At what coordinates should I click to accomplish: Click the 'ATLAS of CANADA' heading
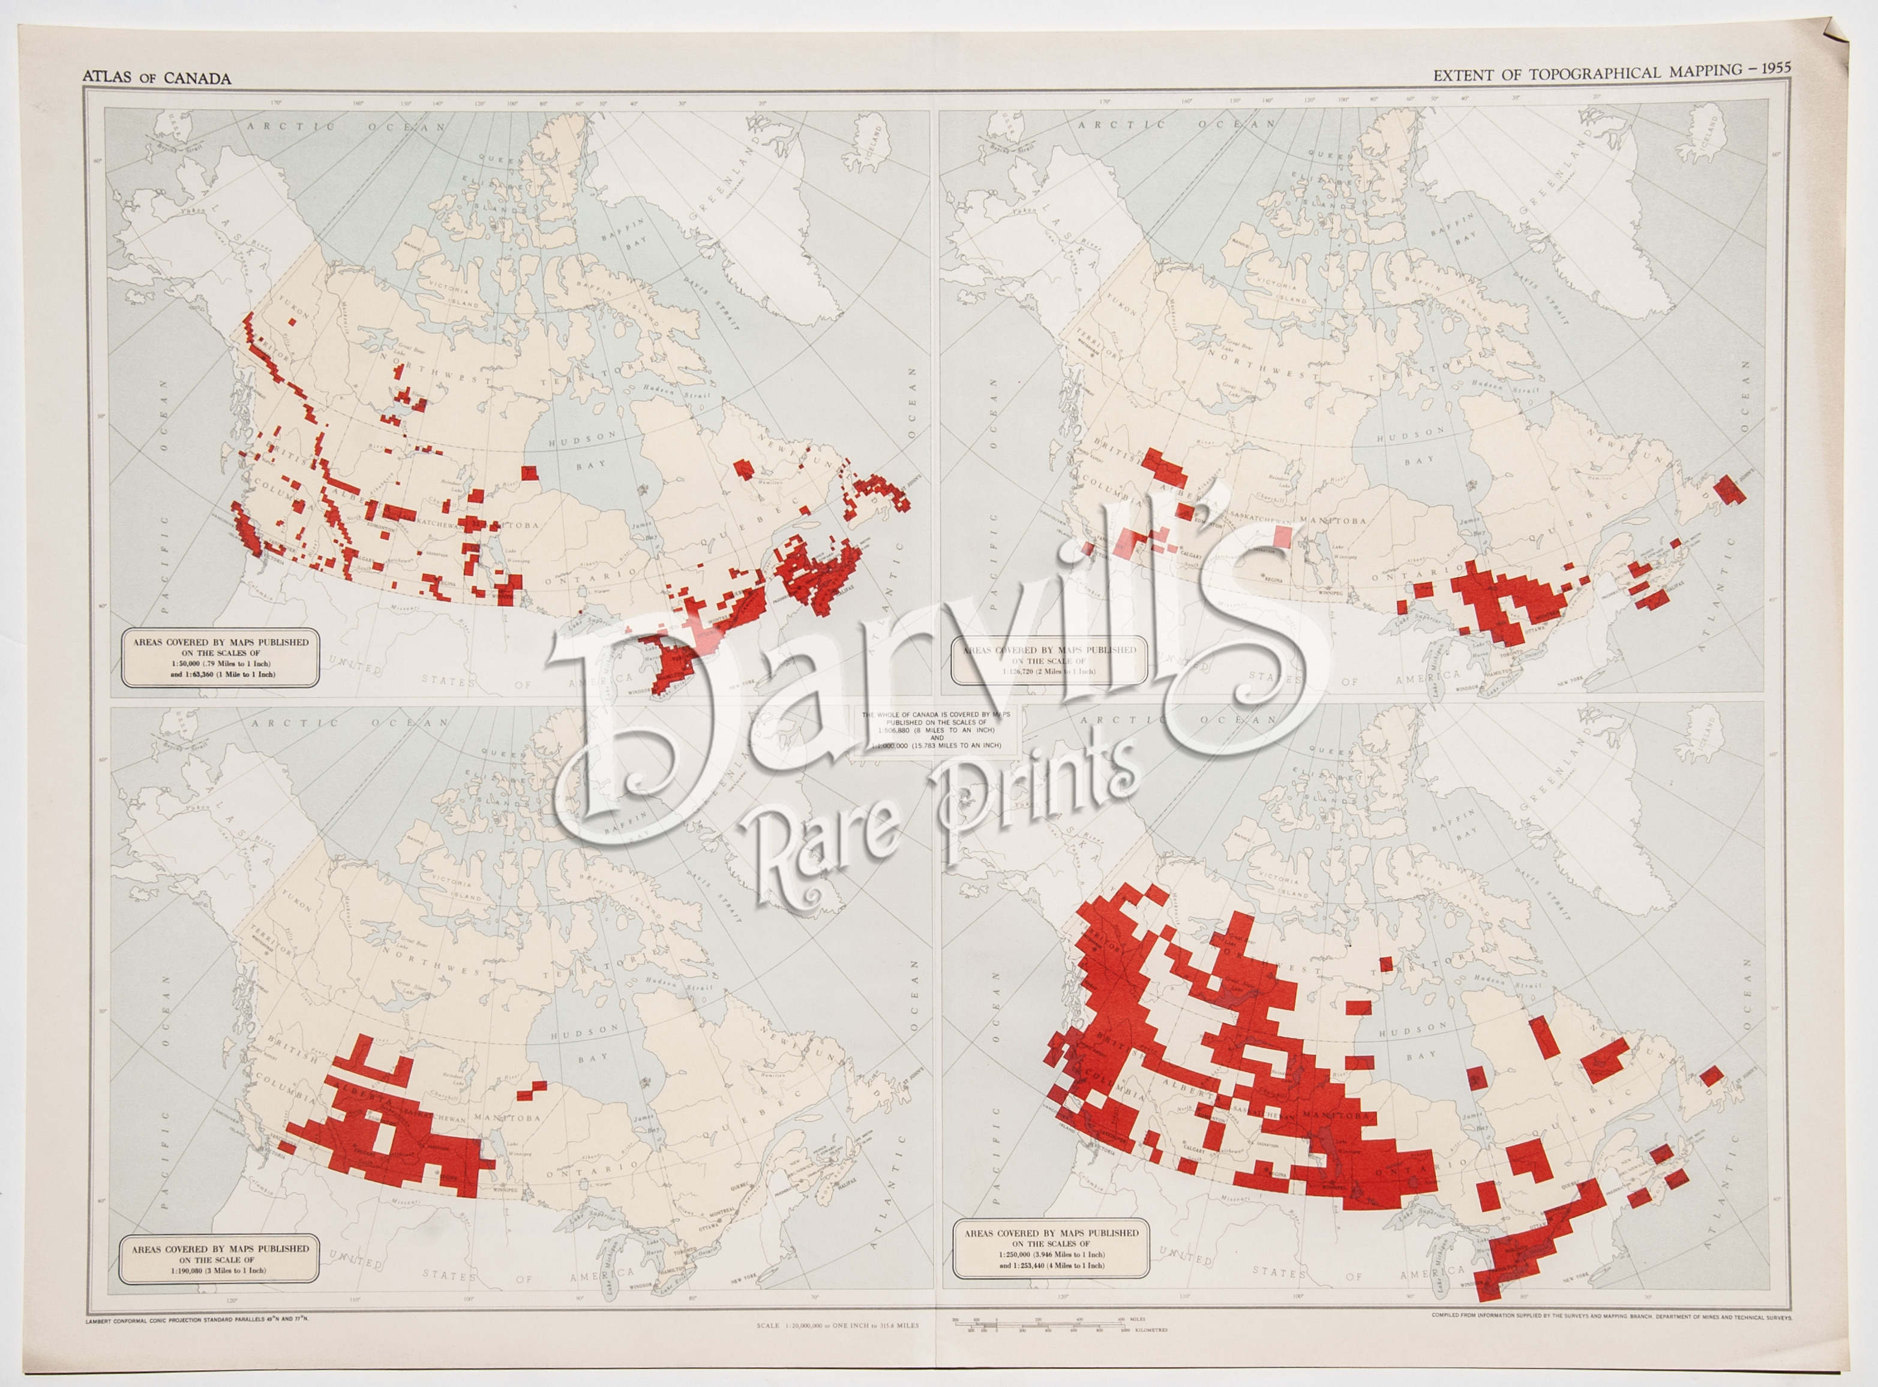[157, 78]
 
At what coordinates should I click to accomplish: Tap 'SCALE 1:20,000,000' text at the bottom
[838, 1325]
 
